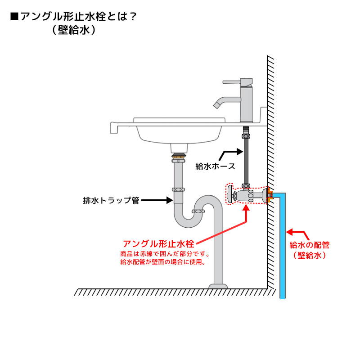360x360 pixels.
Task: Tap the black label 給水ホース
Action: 215,166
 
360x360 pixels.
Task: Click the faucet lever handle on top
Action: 234,82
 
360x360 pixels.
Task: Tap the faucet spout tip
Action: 216,105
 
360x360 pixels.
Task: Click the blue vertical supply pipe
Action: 283,252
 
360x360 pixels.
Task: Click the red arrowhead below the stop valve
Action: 246,207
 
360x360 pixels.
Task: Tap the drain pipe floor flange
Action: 218,286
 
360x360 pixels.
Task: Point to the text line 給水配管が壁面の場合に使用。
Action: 162,262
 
